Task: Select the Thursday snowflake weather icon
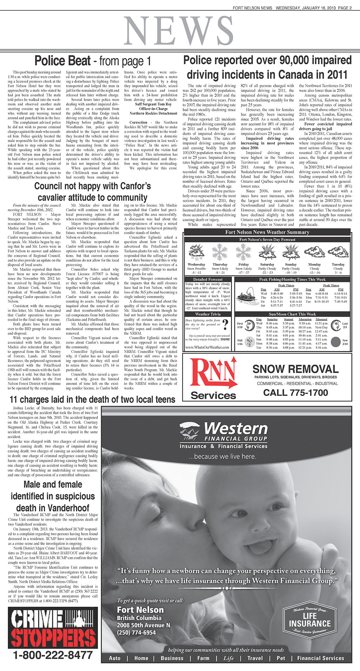pos(220,253)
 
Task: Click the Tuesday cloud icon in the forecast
pos(338,252)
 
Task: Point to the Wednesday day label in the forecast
pos(196,264)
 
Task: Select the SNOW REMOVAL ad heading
pos(295,369)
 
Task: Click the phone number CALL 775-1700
pos(295,392)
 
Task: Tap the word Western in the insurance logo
pos(236,429)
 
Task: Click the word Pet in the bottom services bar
pos(281,658)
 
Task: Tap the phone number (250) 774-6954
pos(136,632)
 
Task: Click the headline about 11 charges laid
pos(92,400)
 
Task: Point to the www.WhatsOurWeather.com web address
pos(207,347)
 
